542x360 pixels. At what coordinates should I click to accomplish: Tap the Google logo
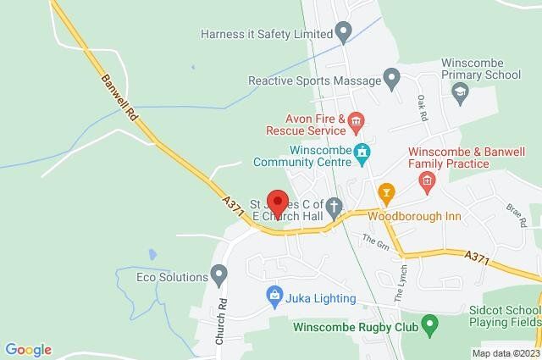tap(28, 350)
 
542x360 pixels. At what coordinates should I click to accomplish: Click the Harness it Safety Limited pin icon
tap(343, 34)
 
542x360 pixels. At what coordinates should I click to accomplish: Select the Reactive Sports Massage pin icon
tap(391, 80)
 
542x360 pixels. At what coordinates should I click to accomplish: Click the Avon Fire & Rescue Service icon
tap(356, 125)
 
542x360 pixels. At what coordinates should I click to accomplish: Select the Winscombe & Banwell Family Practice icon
tap(427, 180)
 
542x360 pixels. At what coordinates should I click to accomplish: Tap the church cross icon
tap(335, 205)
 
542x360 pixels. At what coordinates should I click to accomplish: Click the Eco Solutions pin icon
tap(219, 276)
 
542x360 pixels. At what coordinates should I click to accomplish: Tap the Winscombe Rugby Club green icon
tap(429, 324)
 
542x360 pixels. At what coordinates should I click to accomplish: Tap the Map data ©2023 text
tap(505, 352)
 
